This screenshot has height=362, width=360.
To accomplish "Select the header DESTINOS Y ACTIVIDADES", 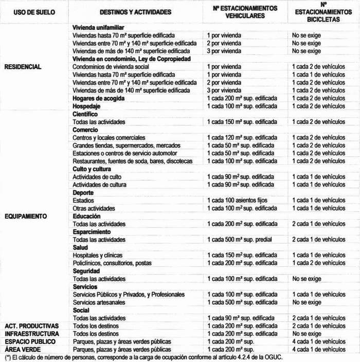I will click(136, 12).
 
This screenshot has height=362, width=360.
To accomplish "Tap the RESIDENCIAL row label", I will click(23, 67).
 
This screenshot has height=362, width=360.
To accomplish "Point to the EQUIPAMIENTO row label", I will click(26, 216).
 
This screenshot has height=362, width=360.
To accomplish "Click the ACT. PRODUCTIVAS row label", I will click(32, 326).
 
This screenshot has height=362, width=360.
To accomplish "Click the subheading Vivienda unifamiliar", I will click(99, 28).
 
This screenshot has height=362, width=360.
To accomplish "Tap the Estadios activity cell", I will click(84, 200).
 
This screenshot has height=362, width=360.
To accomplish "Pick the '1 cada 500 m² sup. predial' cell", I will click(238, 240).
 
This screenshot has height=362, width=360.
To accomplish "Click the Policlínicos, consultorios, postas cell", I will click(112, 263).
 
